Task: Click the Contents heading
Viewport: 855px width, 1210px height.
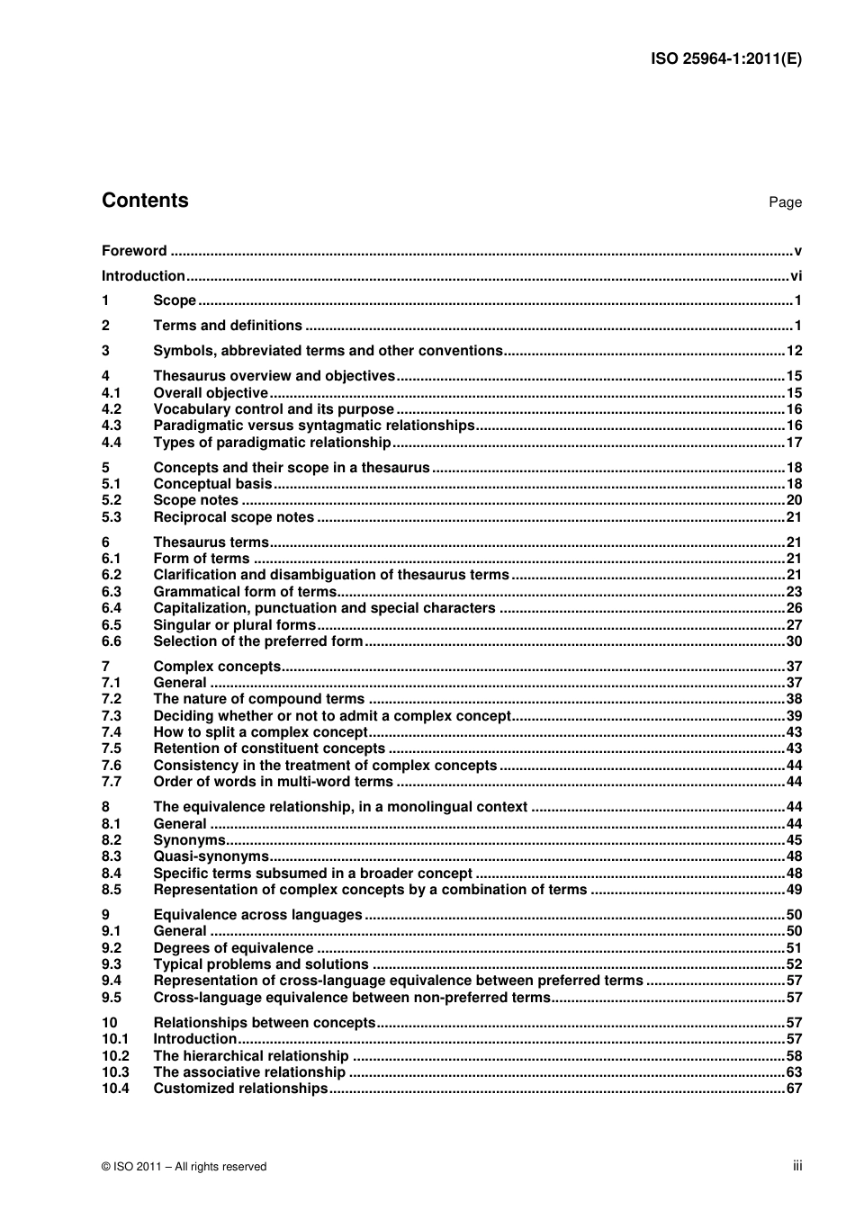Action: coord(145,201)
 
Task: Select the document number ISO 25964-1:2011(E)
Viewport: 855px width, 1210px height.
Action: coord(725,59)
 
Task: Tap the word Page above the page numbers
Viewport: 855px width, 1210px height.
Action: coord(785,202)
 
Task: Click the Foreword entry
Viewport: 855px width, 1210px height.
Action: coord(134,251)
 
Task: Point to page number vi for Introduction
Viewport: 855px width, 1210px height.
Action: coord(796,276)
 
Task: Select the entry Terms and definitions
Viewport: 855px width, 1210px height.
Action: coord(228,326)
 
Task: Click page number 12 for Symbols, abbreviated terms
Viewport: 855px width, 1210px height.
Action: coord(794,351)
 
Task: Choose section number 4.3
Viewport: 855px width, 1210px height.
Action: coord(112,426)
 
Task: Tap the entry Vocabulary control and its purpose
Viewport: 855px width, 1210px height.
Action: coord(274,409)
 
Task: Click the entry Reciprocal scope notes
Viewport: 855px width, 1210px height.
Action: coord(234,517)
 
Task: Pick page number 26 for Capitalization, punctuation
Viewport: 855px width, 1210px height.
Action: coord(794,608)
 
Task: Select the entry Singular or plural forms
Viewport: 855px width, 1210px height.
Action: coord(235,625)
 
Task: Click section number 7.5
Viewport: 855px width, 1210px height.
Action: coord(112,748)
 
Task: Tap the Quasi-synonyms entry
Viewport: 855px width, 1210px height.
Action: coord(211,856)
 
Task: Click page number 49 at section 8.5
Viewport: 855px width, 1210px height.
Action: coord(794,890)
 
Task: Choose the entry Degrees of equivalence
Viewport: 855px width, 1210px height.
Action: coord(234,948)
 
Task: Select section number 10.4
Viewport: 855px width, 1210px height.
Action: coord(115,1089)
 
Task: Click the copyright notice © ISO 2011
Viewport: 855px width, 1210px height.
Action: coord(184,1167)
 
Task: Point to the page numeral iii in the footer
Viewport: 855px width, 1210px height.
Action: coord(797,1166)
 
